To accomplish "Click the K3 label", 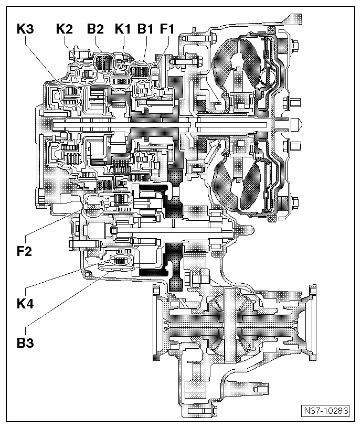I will [25, 29].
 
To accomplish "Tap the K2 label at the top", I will [64, 29].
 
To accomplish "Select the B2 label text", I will [95, 29].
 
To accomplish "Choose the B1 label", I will [146, 29].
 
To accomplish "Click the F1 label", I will [167, 29].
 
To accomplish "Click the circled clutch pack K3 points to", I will [70, 96].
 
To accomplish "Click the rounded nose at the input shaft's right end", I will [296, 125].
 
